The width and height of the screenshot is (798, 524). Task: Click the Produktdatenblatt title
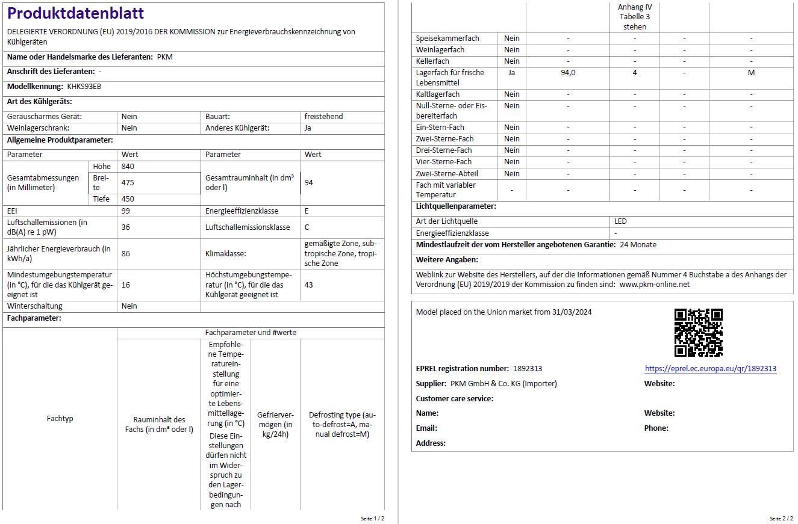click(75, 13)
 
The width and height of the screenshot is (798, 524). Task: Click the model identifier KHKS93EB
click(84, 87)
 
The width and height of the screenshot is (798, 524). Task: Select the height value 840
click(128, 167)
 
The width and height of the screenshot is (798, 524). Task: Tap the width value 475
click(128, 182)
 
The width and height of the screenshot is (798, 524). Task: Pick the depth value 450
click(128, 199)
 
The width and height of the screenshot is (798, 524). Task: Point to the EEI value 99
click(126, 211)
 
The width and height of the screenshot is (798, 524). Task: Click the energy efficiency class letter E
click(307, 211)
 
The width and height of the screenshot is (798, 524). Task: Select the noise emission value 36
click(126, 227)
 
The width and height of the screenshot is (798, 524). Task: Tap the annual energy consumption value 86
click(126, 254)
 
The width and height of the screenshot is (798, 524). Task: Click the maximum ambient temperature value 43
click(309, 285)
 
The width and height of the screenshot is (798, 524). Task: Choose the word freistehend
click(323, 117)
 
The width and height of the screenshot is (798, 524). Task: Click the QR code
click(698, 333)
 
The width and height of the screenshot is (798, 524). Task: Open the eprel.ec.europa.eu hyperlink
click(710, 369)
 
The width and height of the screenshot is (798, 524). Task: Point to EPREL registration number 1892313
click(527, 369)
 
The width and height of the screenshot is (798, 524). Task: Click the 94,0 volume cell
click(568, 73)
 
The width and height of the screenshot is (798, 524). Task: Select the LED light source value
click(620, 221)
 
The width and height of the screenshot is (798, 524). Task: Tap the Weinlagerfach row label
click(440, 50)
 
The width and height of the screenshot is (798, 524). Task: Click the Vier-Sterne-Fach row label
click(444, 162)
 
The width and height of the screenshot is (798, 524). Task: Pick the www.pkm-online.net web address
click(654, 285)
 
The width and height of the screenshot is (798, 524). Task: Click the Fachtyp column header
click(60, 419)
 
